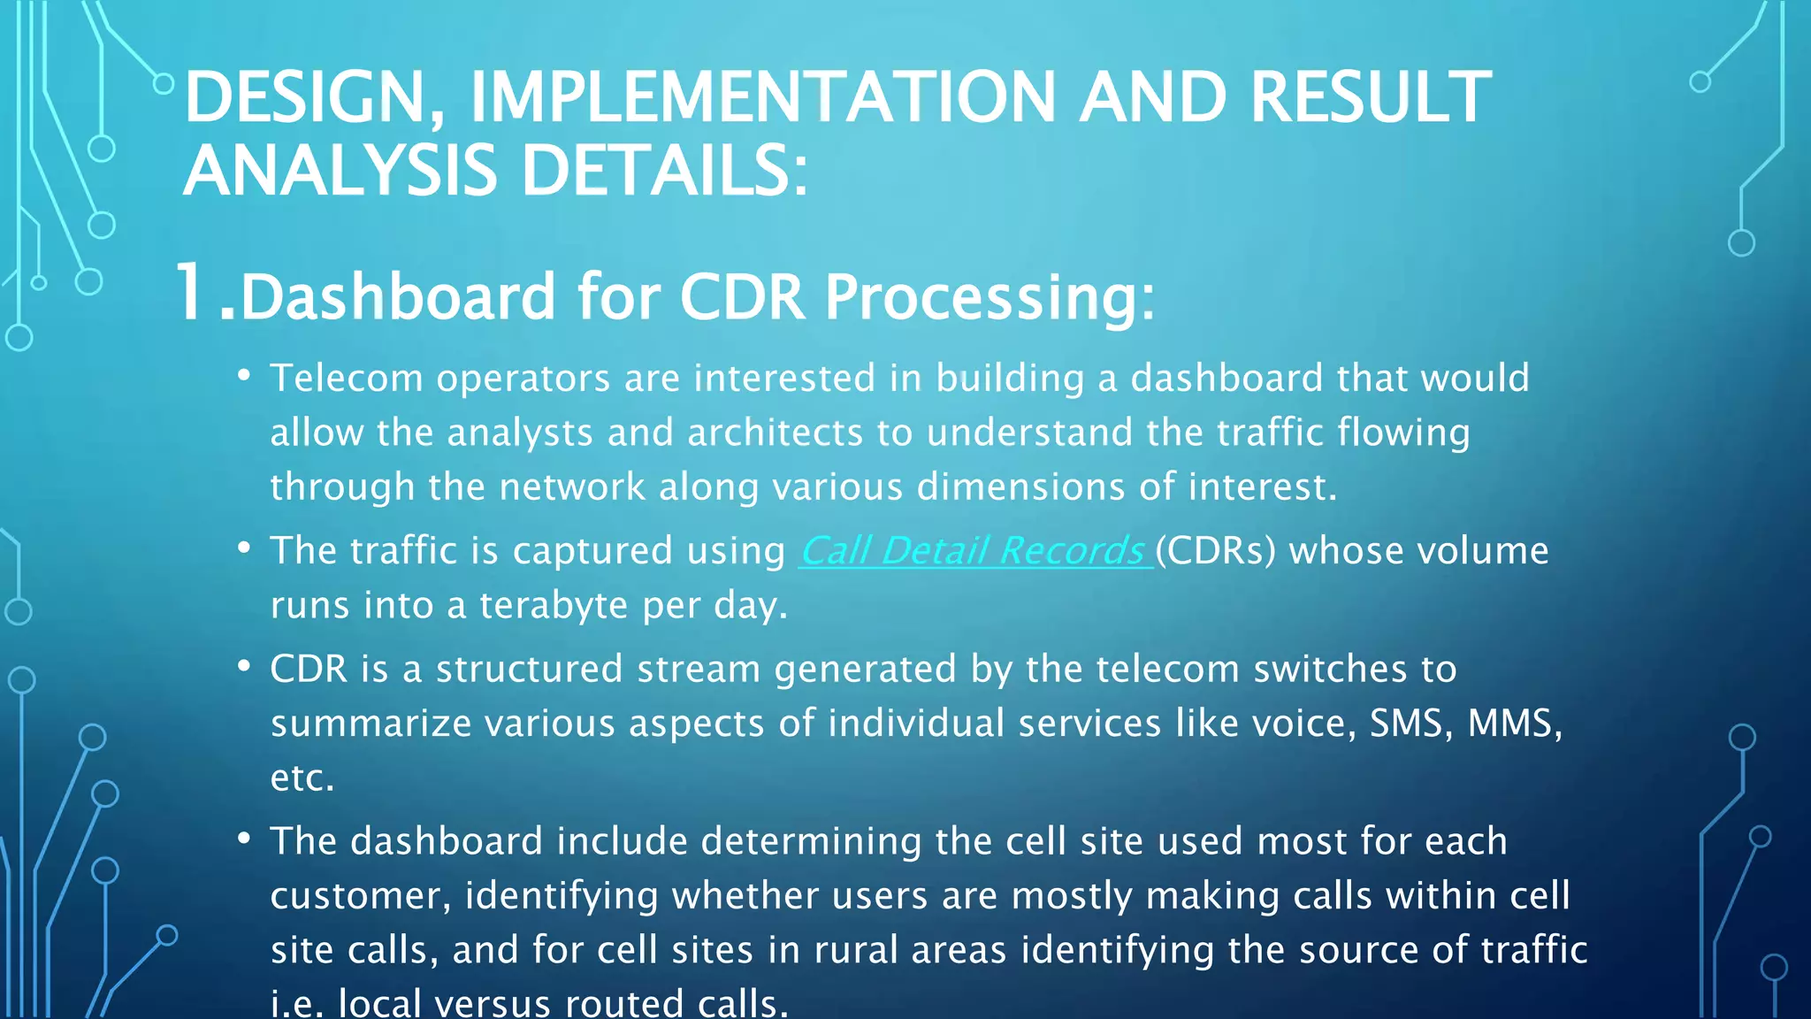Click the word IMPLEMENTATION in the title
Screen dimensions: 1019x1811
[x=762, y=97]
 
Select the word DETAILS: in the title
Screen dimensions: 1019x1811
[x=664, y=171]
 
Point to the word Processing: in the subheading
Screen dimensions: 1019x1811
[x=990, y=297]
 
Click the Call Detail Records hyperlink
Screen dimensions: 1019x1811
[x=974, y=551]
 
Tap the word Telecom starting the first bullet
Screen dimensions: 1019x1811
[x=347, y=379]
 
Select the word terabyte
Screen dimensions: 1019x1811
[x=554, y=606]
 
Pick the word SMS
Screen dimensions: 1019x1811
[x=1410, y=724]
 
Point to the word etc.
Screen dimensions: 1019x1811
[x=302, y=778]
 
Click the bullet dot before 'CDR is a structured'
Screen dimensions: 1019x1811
[x=244, y=667]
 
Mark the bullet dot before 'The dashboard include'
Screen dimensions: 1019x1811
[x=244, y=839]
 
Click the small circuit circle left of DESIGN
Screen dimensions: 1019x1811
[x=164, y=84]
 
